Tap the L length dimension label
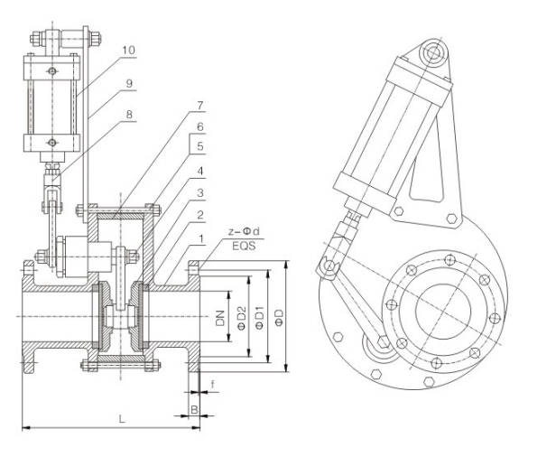point(121,418)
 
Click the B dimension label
point(194,409)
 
